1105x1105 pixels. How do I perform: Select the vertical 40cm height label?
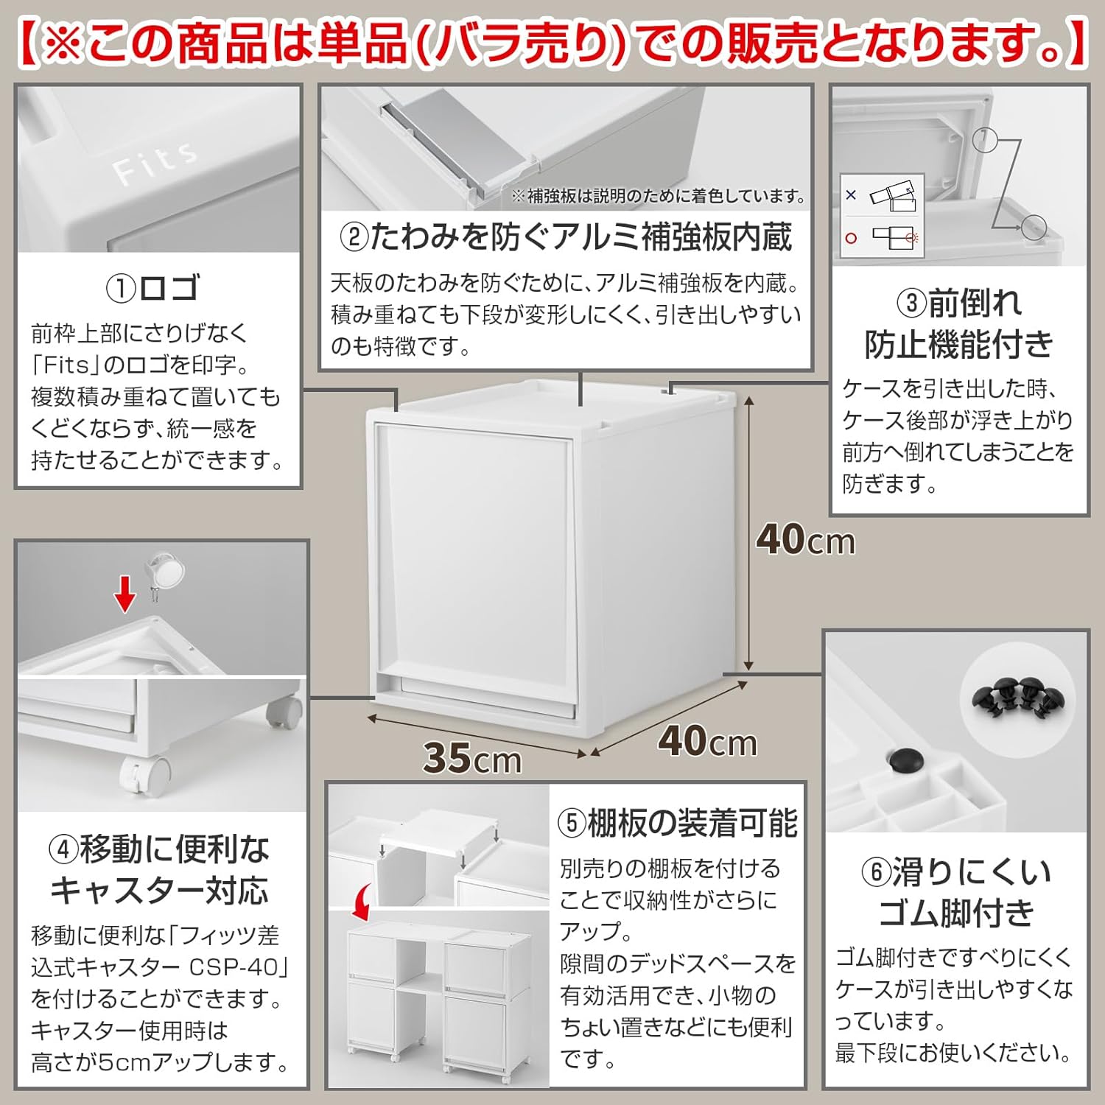pyautogui.click(x=805, y=540)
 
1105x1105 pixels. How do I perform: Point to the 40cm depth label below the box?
pyautogui.click(x=707, y=741)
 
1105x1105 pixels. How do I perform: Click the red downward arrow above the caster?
pyautogui.click(x=126, y=593)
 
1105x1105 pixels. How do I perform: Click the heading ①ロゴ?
pyautogui.click(x=153, y=287)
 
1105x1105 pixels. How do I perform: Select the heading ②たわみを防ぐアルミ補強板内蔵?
pyautogui.click(x=566, y=237)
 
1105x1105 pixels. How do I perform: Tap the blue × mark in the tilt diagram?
pyautogui.click(x=852, y=195)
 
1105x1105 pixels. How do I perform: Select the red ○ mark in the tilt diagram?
pyautogui.click(x=852, y=238)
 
